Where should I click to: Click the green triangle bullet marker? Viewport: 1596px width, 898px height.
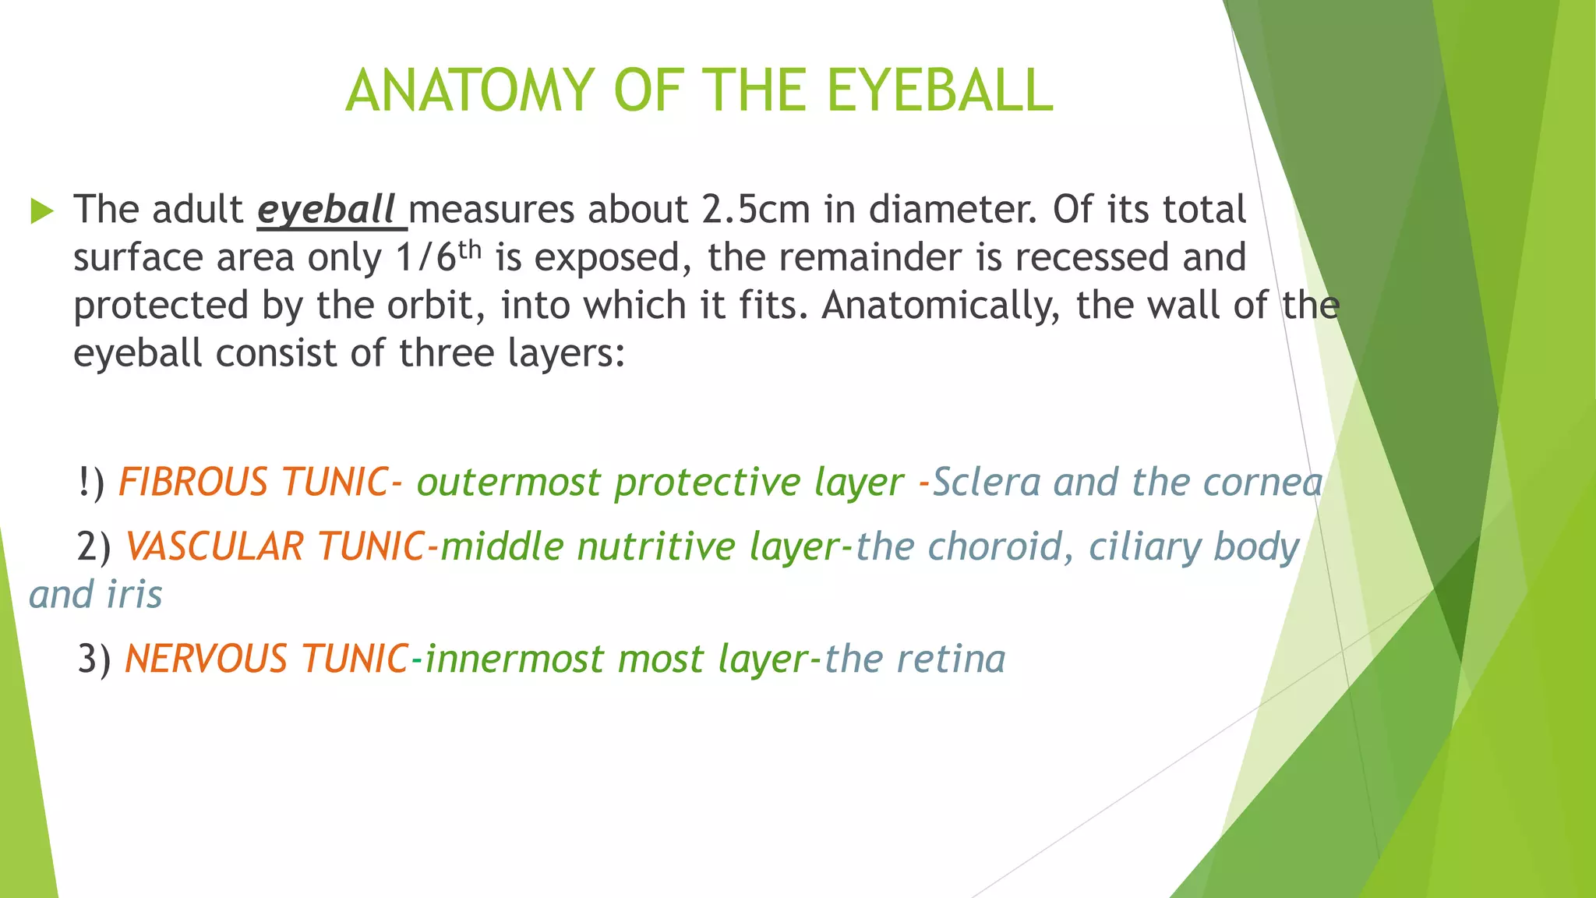click(x=42, y=210)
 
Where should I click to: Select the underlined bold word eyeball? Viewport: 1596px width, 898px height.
click(x=327, y=210)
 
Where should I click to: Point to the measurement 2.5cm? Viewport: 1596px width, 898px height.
click(x=756, y=210)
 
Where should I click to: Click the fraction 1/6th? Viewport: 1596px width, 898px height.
click(x=439, y=257)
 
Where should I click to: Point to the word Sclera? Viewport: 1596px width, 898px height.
click(x=987, y=482)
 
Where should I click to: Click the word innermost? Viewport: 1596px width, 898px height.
click(x=514, y=659)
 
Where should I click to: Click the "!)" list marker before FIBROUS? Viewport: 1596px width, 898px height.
click(x=91, y=483)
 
